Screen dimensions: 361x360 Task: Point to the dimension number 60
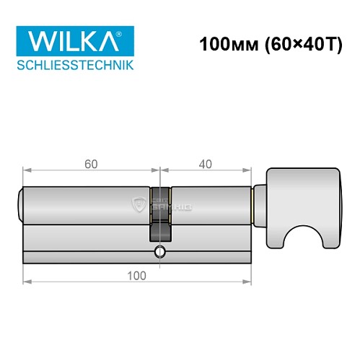pyautogui.click(x=91, y=164)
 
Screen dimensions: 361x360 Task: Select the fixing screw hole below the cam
pyautogui.click(x=159, y=252)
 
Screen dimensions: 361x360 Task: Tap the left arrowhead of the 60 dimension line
pyautogui.click(x=27, y=171)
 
